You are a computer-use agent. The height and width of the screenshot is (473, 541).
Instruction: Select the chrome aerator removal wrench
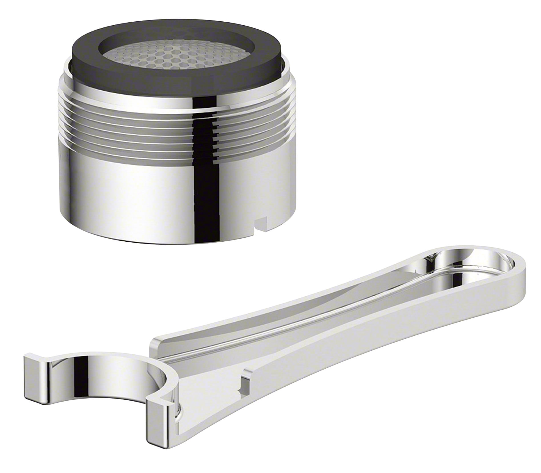point(305,351)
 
